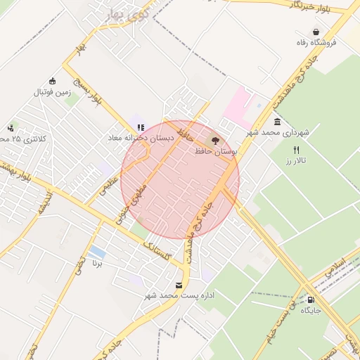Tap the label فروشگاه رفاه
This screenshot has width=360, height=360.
point(316,43)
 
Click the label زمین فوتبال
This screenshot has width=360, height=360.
point(53,91)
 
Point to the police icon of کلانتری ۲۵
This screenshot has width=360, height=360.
point(11,127)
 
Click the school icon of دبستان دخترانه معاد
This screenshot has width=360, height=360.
point(141,127)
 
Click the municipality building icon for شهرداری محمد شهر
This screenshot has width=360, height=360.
point(278,121)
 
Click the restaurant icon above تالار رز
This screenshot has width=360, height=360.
point(296,150)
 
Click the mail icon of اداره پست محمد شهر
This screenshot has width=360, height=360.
point(179,285)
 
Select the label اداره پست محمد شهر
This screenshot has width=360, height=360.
point(179,296)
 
